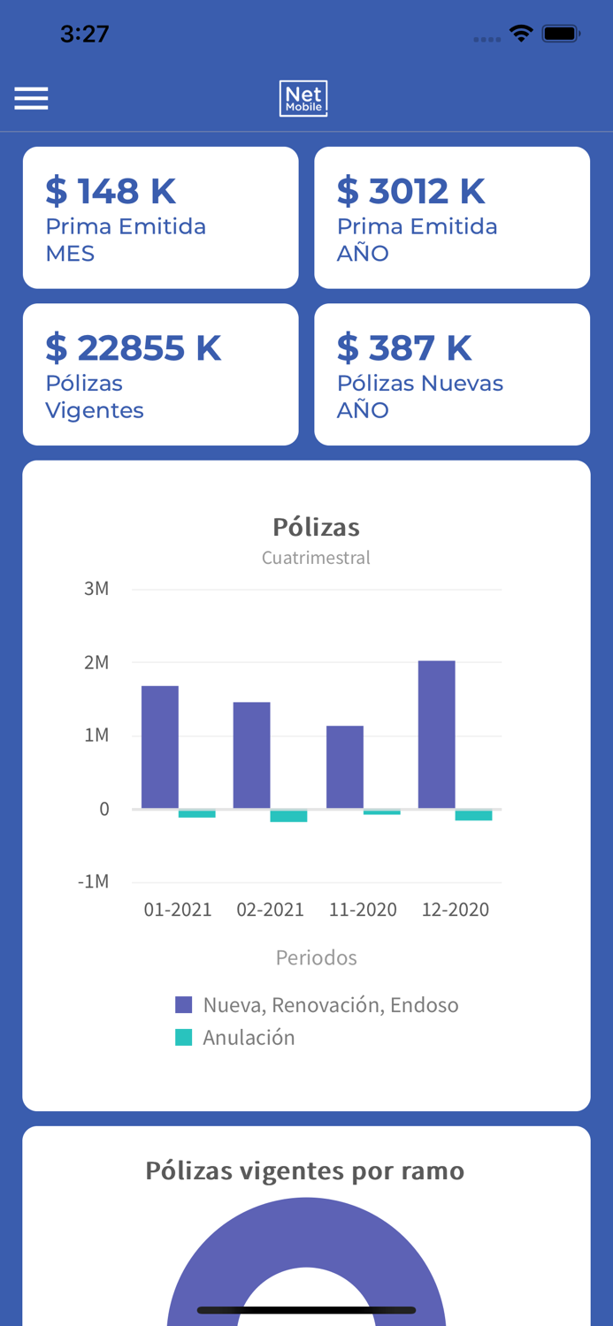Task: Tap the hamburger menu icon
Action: pyautogui.click(x=31, y=98)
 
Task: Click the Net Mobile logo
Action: pyautogui.click(x=303, y=98)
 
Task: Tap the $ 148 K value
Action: pyautogui.click(x=111, y=191)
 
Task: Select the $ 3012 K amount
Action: pyautogui.click(x=411, y=191)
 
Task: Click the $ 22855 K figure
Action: pyautogui.click(x=134, y=348)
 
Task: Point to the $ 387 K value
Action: pyautogui.click(x=405, y=348)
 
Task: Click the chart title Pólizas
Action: pyautogui.click(x=316, y=527)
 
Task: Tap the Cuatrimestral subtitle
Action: pyautogui.click(x=316, y=558)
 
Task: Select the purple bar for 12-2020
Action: pyautogui.click(x=437, y=735)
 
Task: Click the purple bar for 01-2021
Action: pyautogui.click(x=160, y=747)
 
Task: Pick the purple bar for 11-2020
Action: pyautogui.click(x=345, y=767)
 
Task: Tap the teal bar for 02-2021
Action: pyautogui.click(x=288, y=816)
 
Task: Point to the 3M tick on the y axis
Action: pyautogui.click(x=96, y=589)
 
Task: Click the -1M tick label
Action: pyautogui.click(x=93, y=881)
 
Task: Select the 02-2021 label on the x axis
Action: pyautogui.click(x=270, y=910)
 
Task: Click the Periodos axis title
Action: pyautogui.click(x=316, y=957)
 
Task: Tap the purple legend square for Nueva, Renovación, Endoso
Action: pyautogui.click(x=184, y=1004)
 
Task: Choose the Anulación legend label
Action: pyautogui.click(x=249, y=1038)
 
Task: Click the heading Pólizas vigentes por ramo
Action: pyautogui.click(x=305, y=1170)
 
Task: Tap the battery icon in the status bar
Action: pyautogui.click(x=561, y=34)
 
